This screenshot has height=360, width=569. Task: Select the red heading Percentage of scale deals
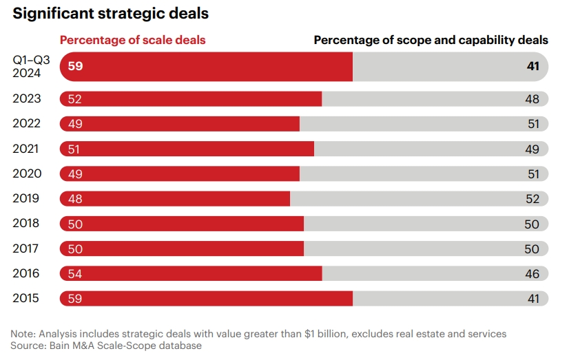coord(132,40)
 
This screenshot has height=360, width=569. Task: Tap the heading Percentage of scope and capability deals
coord(431,40)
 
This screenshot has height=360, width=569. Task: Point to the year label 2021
coord(27,149)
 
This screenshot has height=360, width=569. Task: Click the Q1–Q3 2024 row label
coord(27,67)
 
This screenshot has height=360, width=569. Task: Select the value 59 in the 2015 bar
coord(75,299)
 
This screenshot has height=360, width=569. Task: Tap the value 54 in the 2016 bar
coord(75,274)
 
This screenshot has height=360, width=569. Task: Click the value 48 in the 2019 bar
coord(75,199)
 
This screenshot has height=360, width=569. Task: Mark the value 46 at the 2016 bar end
coord(532,274)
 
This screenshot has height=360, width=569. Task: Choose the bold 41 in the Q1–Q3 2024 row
coord(532,67)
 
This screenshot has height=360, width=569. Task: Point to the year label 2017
coord(27,248)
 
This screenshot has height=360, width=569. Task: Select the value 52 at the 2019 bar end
coord(532,199)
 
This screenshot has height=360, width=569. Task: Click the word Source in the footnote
coord(28,346)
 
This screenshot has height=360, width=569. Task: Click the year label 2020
coord(27,173)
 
